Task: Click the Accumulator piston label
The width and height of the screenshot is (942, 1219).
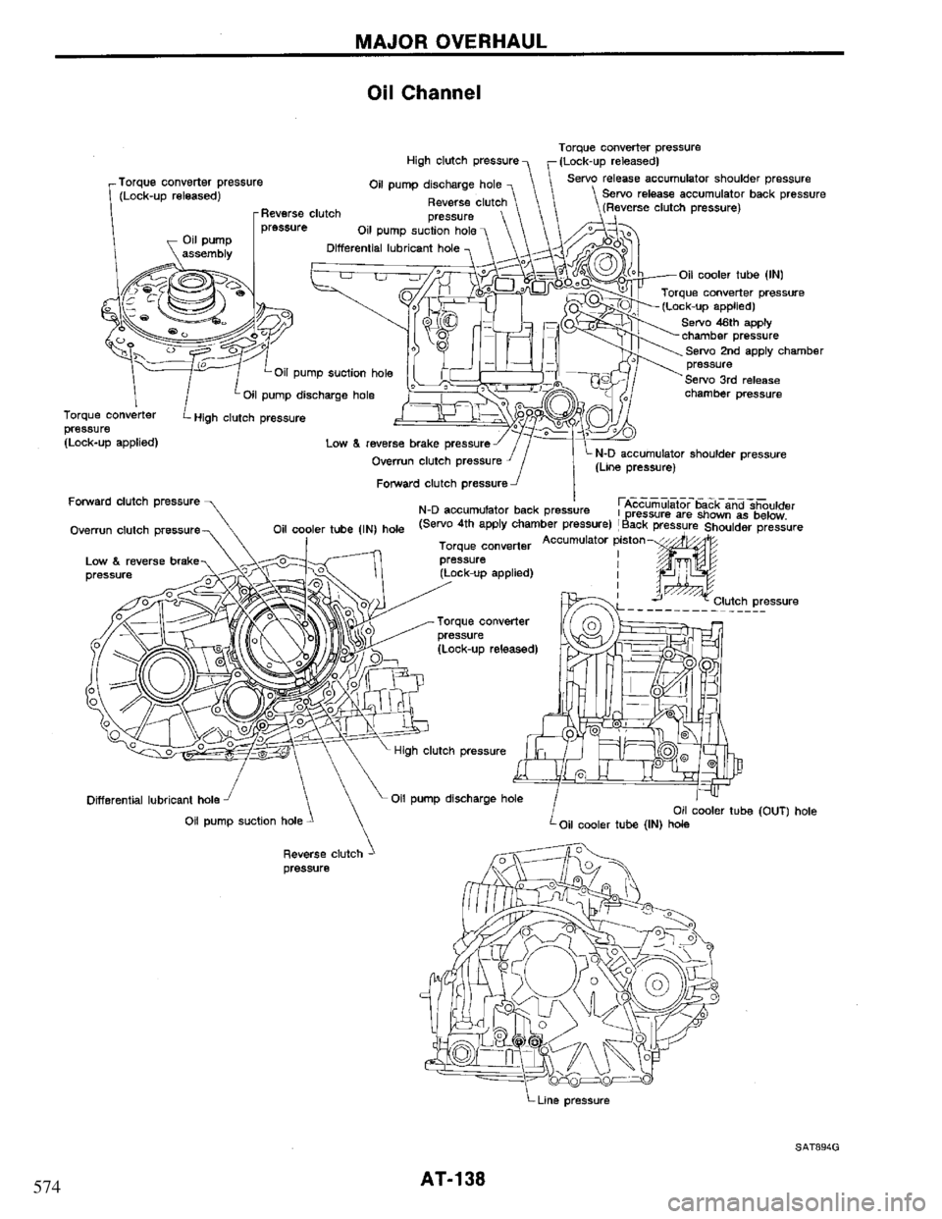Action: tap(589, 539)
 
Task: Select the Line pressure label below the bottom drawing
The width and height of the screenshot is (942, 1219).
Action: tap(588, 1101)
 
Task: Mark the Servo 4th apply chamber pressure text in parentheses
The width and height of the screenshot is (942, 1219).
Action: tap(506, 523)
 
